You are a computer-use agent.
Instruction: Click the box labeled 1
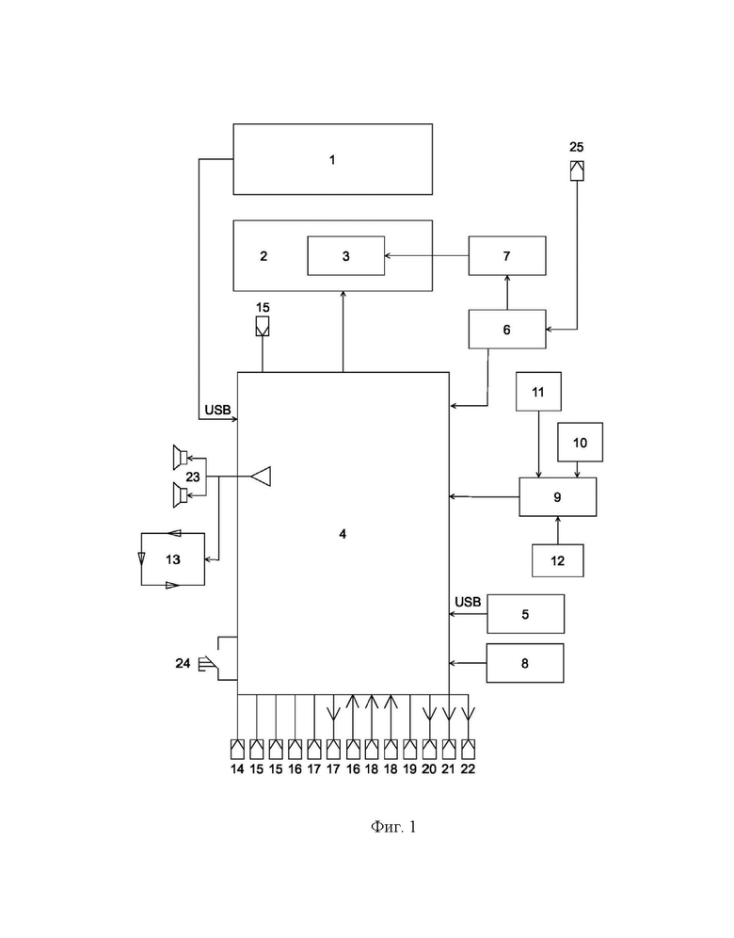[x=332, y=159]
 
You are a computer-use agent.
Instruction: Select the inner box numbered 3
[x=346, y=256]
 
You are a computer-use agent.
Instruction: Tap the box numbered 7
[x=507, y=256]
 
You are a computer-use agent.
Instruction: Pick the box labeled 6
[x=507, y=329]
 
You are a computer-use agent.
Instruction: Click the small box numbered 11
[x=538, y=392]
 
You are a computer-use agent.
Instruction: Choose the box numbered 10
[x=580, y=442]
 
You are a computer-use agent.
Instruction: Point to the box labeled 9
[x=558, y=497]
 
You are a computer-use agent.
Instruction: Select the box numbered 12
[x=558, y=560]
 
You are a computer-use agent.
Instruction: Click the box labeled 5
[x=525, y=614]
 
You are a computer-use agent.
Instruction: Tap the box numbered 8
[x=525, y=663]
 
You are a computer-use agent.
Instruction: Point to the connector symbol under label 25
[x=577, y=170]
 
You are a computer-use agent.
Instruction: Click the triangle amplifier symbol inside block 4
[x=262, y=477]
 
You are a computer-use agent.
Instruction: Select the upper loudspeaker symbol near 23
[x=180, y=458]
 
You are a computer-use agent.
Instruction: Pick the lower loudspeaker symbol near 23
[x=180, y=495]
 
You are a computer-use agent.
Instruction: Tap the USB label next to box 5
[x=468, y=602]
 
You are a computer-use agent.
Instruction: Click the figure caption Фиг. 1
[x=393, y=827]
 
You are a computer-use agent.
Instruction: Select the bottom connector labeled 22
[x=468, y=749]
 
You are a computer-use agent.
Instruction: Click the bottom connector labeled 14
[x=238, y=749]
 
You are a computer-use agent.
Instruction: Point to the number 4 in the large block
[x=343, y=534]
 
